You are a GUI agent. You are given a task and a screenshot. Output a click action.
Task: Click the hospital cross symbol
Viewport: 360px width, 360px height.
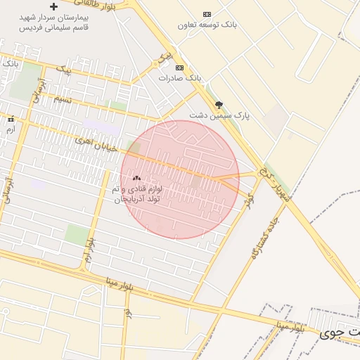(x=53, y=6)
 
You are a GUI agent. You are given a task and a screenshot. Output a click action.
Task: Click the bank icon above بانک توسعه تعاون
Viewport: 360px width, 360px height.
(x=207, y=14)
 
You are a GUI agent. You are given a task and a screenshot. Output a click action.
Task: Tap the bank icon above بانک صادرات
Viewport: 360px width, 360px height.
(x=179, y=67)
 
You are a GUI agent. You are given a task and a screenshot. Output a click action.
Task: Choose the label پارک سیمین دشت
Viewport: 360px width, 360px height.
(x=219, y=114)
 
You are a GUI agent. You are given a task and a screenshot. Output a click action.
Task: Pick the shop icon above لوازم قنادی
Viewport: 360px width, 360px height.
(x=136, y=179)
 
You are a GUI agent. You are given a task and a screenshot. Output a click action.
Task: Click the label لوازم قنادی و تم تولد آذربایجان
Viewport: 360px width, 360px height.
(x=137, y=194)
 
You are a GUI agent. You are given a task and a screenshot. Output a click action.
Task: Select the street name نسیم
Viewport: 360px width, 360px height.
(x=62, y=101)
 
